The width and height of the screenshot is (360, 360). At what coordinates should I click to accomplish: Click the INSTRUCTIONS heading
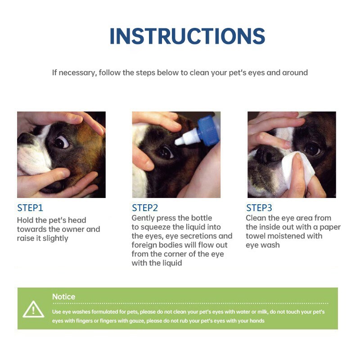pos(187,36)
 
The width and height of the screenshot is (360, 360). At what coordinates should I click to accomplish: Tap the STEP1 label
pos(30,208)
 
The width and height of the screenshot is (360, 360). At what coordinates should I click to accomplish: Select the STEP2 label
pos(145,208)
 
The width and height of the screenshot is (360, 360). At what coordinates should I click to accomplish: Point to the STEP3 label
pos(259,208)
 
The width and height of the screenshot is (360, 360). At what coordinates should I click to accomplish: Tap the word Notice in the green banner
pos(63,297)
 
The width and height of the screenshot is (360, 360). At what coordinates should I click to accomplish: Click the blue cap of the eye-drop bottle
pos(208,130)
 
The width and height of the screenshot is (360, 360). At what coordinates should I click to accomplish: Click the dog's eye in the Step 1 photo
pos(61,142)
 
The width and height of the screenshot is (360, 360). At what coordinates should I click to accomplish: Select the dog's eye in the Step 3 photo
pos(312,149)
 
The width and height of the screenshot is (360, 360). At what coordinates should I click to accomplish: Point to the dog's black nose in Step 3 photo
pos(267,154)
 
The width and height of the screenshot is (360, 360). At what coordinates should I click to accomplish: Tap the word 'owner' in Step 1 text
pos(73,229)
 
